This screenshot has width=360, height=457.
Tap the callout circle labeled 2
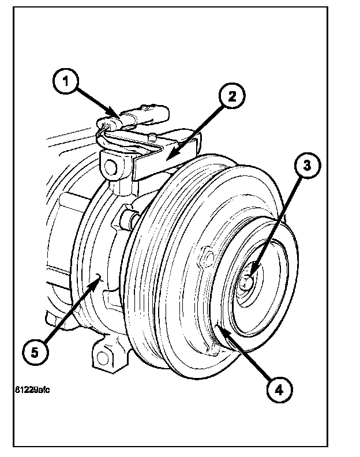point(230,96)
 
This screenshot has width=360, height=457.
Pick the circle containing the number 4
point(279,389)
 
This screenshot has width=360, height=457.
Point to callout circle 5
point(35,351)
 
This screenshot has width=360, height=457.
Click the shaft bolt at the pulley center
point(246,282)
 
